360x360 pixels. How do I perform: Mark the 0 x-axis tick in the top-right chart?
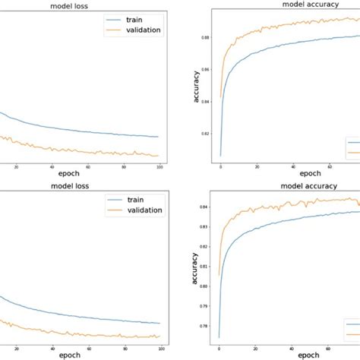coord(220,168)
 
